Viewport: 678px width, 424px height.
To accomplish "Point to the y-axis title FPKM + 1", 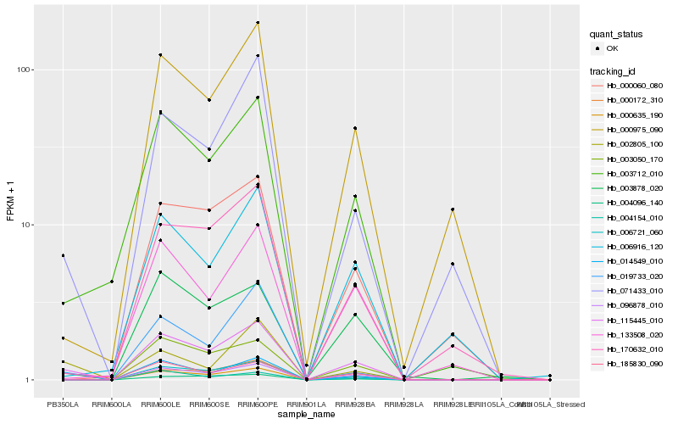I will [x=11, y=202].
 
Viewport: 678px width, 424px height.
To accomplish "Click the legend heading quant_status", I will [x=616, y=34].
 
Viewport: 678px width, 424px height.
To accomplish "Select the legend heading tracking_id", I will [x=613, y=71].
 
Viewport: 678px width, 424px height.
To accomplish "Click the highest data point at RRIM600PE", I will [x=258, y=23].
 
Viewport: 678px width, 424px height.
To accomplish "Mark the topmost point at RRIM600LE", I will [x=160, y=55].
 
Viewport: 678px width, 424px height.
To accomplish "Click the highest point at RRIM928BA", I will [x=355, y=128].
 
